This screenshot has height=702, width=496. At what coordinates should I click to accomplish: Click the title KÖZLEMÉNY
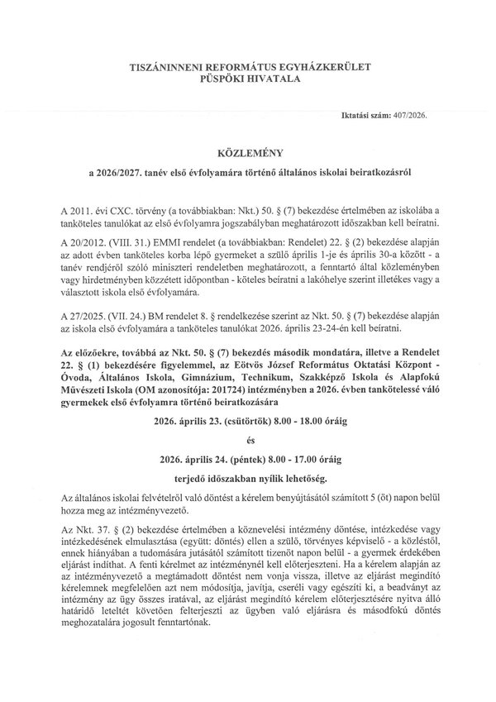[247, 153]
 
